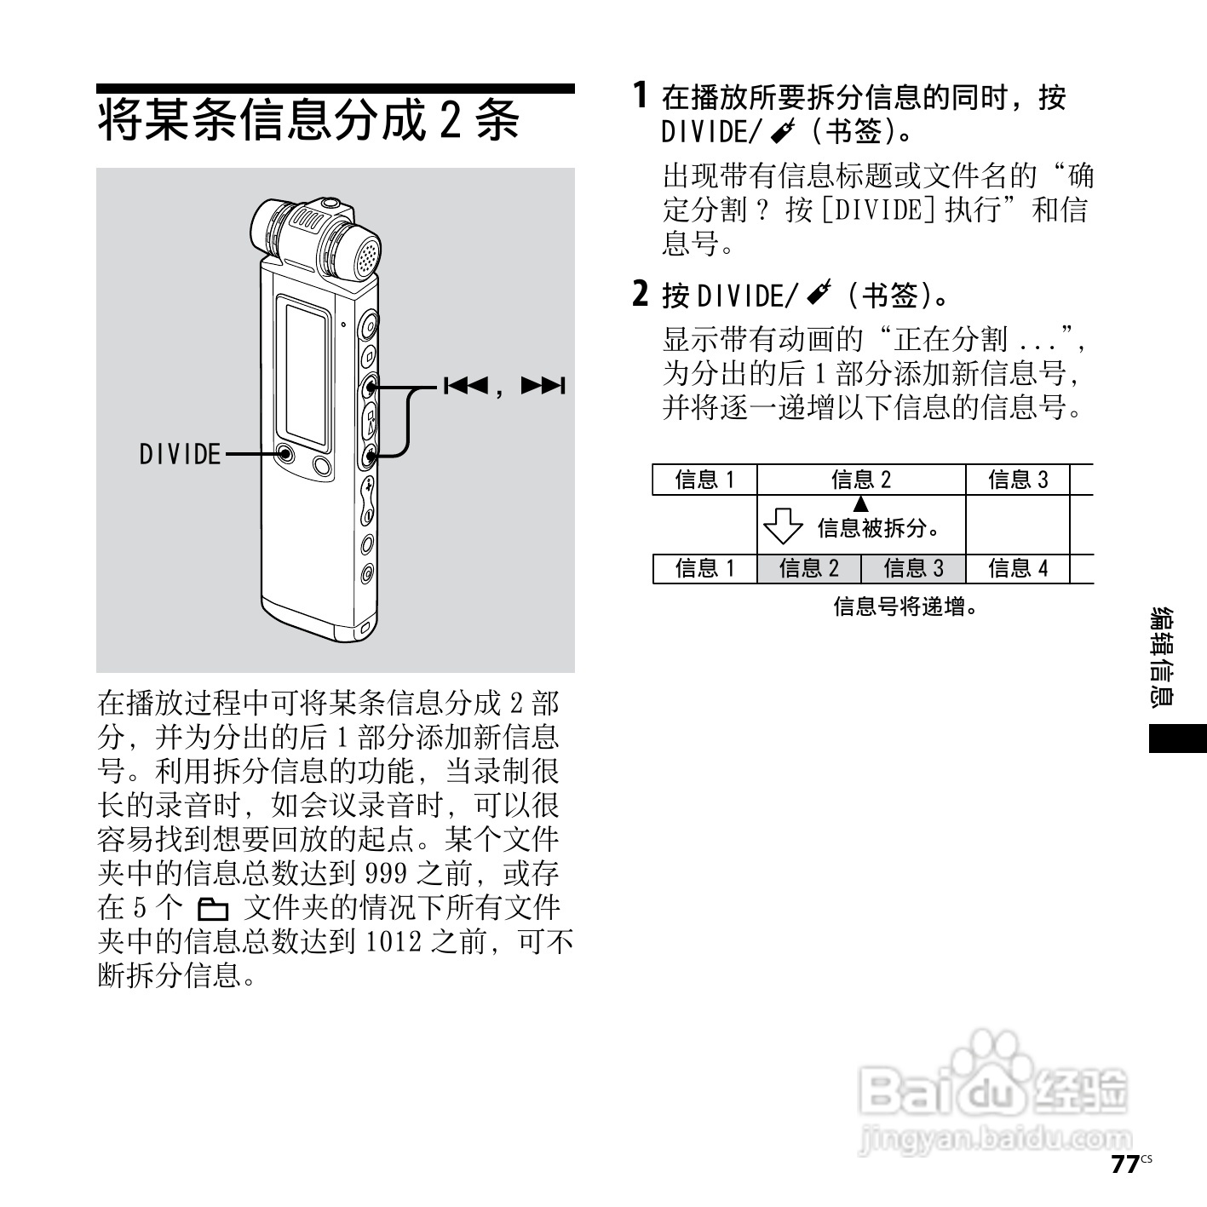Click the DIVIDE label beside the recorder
pyautogui.click(x=180, y=454)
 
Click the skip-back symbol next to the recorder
pyautogui.click(x=465, y=386)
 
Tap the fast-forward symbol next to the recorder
pyautogui.click(x=543, y=386)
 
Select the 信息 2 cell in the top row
pyautogui.click(x=860, y=480)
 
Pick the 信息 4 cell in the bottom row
pyautogui.click(x=1017, y=568)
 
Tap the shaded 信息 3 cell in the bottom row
pyautogui.click(x=913, y=568)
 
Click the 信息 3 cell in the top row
pyautogui.click(x=1017, y=480)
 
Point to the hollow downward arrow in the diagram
pyautogui.click(x=782, y=526)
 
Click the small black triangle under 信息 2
pyautogui.click(x=861, y=503)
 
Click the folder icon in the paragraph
pyautogui.click(x=213, y=909)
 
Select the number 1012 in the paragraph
pyautogui.click(x=394, y=942)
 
